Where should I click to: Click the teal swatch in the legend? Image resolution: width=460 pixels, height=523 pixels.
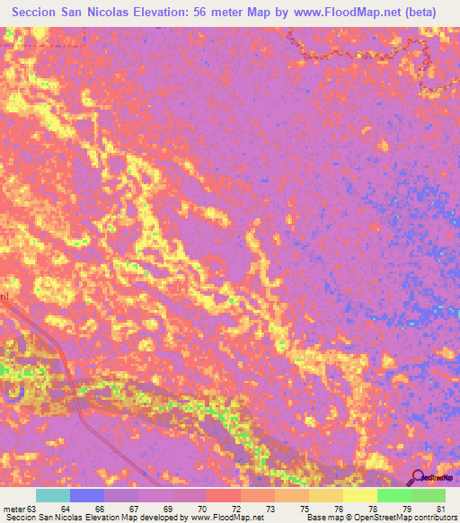tap(52, 496)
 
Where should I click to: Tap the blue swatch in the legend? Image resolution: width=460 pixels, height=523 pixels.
tap(86, 496)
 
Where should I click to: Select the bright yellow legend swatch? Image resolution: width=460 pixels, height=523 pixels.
tap(359, 496)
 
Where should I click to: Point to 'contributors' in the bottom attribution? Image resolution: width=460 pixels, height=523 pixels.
tap(435, 518)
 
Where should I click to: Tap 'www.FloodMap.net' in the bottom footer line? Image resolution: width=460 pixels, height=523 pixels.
tap(226, 518)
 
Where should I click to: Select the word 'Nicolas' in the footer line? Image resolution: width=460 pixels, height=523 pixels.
tap(70, 518)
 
